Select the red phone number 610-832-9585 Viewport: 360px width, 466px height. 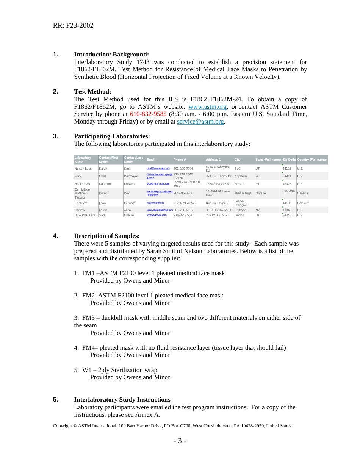point(148,114)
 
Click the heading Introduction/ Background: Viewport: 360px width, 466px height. point(111,55)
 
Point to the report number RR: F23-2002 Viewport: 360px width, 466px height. point(73,25)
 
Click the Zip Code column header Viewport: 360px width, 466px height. point(289,160)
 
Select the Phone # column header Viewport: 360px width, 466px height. point(180,160)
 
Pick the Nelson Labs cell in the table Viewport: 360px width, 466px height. point(83,169)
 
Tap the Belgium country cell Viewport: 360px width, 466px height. point(303,203)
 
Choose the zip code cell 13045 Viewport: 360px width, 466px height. point(287,210)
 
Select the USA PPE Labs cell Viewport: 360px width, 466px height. point(85,215)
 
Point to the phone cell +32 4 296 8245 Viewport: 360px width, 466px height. point(185,203)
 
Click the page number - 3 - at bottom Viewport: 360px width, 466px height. point(180,441)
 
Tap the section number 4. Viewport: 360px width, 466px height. point(56,236)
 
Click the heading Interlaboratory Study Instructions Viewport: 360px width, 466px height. point(122,400)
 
